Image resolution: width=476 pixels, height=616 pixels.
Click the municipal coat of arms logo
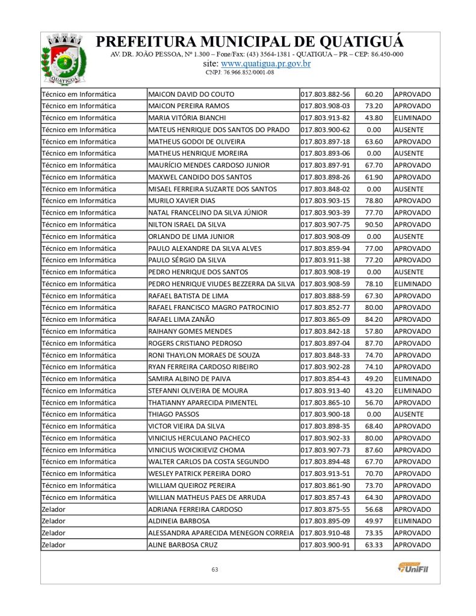pyautogui.click(x=59, y=59)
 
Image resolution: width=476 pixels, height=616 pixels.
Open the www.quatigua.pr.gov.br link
pyautogui.click(x=265, y=64)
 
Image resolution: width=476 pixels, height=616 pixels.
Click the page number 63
pyautogui.click(x=214, y=569)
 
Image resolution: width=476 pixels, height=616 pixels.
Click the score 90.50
pyautogui.click(x=374, y=224)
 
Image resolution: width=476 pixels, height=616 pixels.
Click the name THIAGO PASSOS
pyautogui.click(x=173, y=414)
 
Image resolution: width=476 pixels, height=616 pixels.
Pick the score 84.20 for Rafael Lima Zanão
pyautogui.click(x=374, y=319)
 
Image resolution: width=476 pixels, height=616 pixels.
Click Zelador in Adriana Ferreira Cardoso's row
pyautogui.click(x=54, y=509)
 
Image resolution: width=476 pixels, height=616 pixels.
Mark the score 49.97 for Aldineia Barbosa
pyautogui.click(x=374, y=521)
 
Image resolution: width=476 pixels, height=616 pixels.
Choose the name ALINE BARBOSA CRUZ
pyautogui.click(x=182, y=545)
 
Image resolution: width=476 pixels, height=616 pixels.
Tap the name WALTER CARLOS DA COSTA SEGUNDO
pyautogui.click(x=208, y=462)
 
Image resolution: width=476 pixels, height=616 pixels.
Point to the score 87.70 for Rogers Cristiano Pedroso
pyautogui.click(x=374, y=343)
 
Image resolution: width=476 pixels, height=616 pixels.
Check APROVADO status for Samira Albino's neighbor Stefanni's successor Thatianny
pyautogui.click(x=412, y=402)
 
